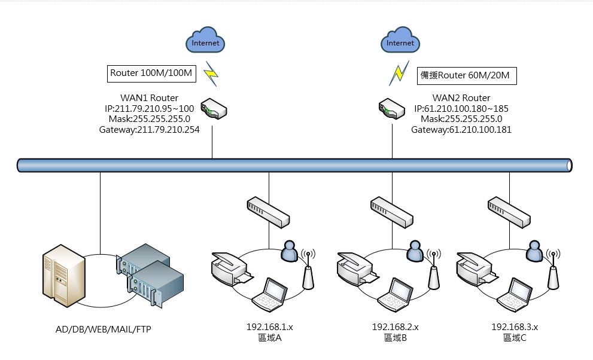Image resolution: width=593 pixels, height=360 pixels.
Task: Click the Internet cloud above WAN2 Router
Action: pyautogui.click(x=400, y=41)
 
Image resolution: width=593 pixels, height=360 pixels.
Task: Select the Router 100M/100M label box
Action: pyautogui.click(x=151, y=74)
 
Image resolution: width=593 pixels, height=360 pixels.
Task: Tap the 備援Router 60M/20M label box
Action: pyautogui.click(x=467, y=75)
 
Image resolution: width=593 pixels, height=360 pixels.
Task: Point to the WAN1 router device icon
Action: pyautogui.click(x=214, y=108)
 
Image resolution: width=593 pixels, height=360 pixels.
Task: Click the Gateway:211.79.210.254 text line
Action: pyautogui.click(x=150, y=129)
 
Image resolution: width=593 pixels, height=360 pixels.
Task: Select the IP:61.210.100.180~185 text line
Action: pyautogui.click(x=461, y=109)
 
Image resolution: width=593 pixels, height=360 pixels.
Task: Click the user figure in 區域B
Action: pyautogui.click(x=414, y=251)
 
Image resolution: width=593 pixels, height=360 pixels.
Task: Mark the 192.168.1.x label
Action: pyautogui.click(x=269, y=327)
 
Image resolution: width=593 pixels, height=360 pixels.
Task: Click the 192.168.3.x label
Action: pyautogui.click(x=515, y=327)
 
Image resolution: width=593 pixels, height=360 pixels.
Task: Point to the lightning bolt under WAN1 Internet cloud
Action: pyautogui.click(x=211, y=74)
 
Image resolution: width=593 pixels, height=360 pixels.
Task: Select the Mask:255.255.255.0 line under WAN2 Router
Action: pyautogui.click(x=461, y=119)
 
